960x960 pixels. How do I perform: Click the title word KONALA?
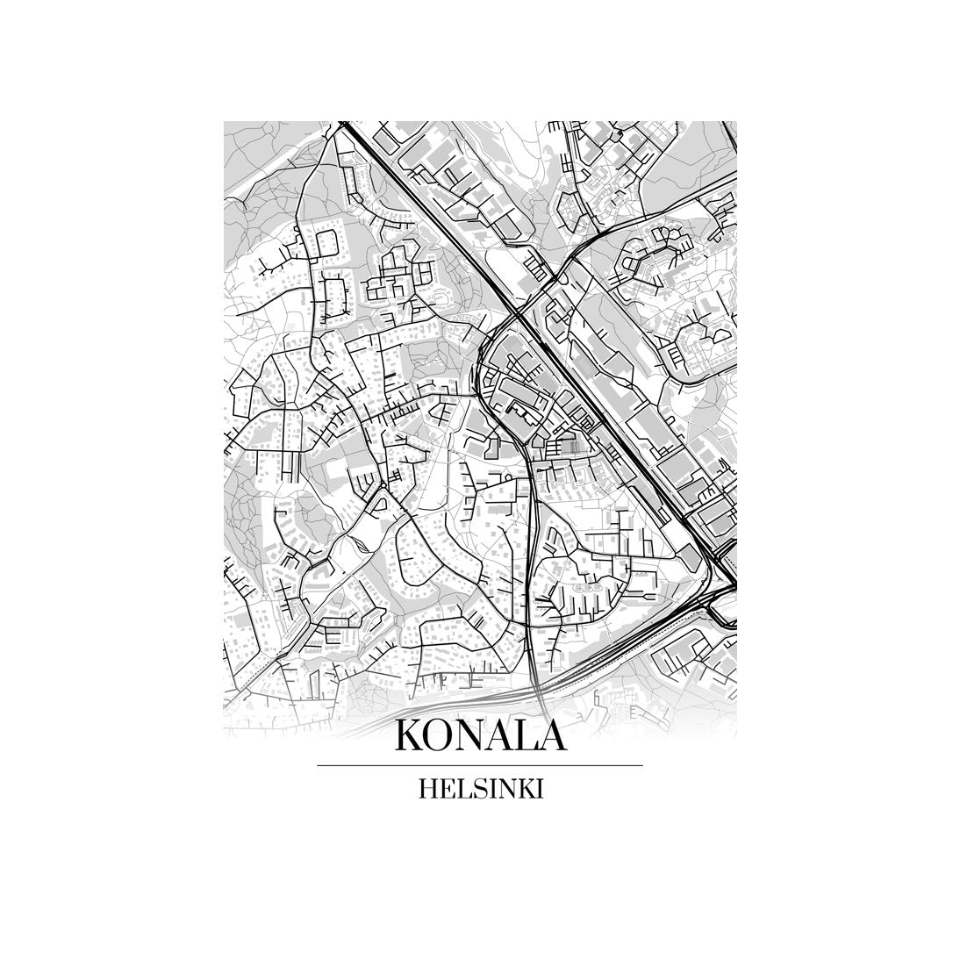click(480, 735)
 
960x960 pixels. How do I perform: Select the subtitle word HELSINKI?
click(480, 789)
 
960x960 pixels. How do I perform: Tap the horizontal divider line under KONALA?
click(480, 766)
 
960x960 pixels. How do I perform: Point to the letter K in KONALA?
click(411, 735)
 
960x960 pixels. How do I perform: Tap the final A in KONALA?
click(549, 735)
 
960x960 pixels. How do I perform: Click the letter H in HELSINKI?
click(428, 789)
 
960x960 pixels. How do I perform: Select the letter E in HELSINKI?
click(447, 789)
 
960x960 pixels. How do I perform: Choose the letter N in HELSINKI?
click(503, 789)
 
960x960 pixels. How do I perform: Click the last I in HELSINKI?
click(539, 789)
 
